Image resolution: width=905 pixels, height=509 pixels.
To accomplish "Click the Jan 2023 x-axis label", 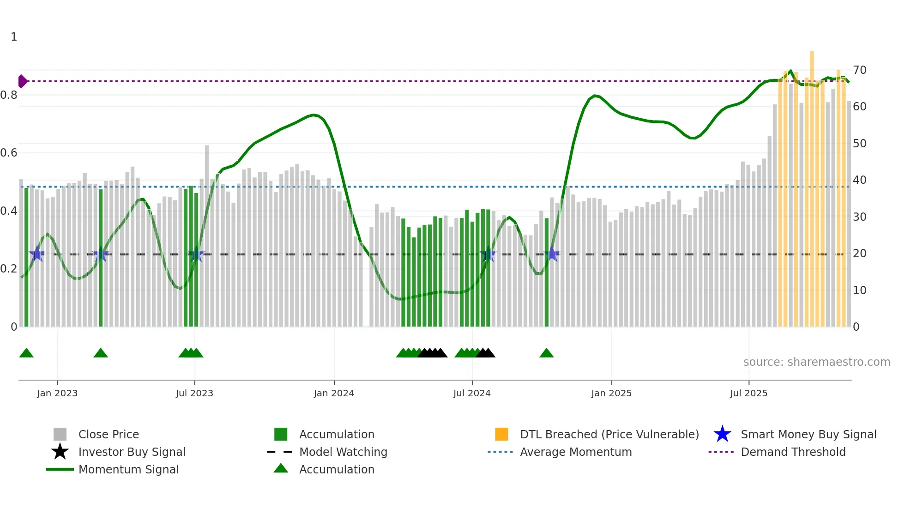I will [x=57, y=394].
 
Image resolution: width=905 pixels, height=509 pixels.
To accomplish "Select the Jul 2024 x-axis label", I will [x=472, y=394].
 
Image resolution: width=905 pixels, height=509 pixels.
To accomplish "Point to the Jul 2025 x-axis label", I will [x=748, y=394].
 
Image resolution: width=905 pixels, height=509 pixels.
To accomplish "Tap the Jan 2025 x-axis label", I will [x=611, y=394].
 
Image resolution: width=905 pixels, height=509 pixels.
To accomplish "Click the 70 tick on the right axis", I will [x=860, y=70].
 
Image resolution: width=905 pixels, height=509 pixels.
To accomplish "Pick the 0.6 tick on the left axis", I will [x=9, y=153].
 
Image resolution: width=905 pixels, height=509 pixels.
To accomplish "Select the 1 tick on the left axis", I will [x=14, y=37].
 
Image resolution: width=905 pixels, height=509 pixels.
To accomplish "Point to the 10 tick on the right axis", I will [x=860, y=291].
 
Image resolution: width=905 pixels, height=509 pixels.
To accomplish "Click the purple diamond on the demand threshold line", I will [x=22, y=81].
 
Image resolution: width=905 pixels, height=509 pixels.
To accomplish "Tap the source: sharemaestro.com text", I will [x=816, y=362].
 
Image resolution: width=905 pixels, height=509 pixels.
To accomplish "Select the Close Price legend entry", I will [x=109, y=435].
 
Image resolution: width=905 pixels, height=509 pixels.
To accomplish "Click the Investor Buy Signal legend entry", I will [x=132, y=452].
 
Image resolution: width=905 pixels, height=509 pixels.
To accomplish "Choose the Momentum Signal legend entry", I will [x=128, y=470].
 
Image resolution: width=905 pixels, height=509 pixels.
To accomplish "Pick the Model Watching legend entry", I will [x=343, y=452].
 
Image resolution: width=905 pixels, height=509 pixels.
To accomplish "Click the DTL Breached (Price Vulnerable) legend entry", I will [x=609, y=435].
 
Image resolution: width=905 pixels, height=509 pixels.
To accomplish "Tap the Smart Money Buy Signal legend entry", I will [x=808, y=435].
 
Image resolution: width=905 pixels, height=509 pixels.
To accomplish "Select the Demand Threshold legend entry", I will [x=793, y=452].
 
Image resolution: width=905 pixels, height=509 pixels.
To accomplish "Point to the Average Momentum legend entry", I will [x=576, y=452].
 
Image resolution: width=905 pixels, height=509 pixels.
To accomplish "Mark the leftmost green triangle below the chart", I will [x=26, y=353].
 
